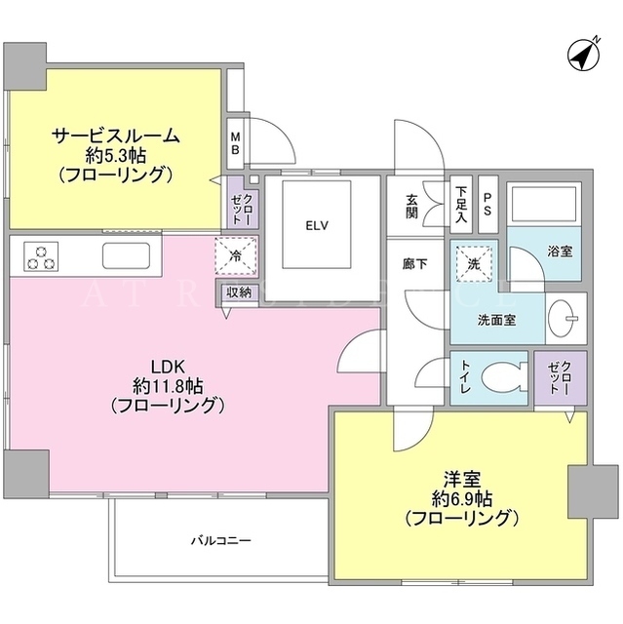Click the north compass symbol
click(584, 55)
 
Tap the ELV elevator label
click(317, 225)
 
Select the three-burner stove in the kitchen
click(41, 256)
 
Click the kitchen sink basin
click(127, 255)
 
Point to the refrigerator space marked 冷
click(236, 255)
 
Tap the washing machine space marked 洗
click(474, 264)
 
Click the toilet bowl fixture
click(504, 377)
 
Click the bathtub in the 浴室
click(543, 204)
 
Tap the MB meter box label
click(236, 143)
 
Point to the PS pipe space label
click(487, 204)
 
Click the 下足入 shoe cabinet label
click(461, 205)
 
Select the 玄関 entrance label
click(411, 207)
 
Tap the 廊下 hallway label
click(415, 264)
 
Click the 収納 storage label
click(239, 292)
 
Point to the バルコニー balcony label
click(221, 541)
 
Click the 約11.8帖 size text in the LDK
click(168, 386)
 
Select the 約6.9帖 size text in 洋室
click(462, 498)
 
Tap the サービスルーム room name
click(115, 136)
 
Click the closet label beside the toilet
click(560, 377)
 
